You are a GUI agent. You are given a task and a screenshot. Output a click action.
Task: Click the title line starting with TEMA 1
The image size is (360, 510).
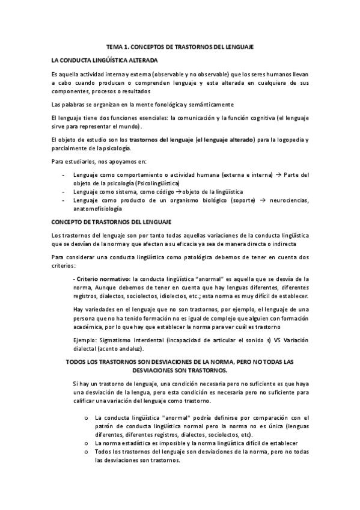coord(179,46)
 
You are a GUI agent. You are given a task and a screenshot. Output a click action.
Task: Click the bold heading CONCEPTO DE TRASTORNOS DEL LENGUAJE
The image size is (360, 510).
coord(112,222)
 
